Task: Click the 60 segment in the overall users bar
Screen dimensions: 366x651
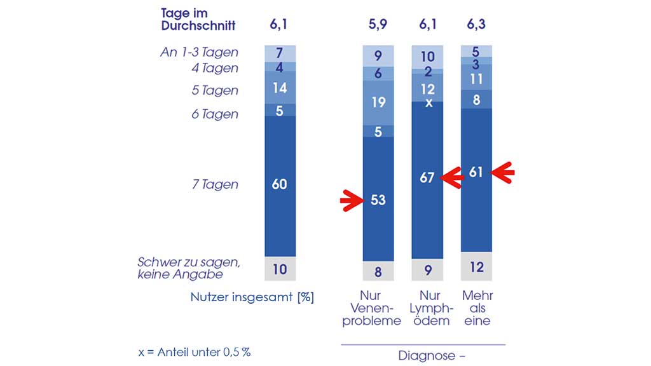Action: pos(280,185)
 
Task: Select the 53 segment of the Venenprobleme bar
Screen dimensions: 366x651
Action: pos(378,200)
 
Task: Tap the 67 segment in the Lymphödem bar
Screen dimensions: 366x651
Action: pos(427,178)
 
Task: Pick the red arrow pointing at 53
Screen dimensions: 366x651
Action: pos(350,201)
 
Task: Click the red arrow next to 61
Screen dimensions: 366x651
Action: pos(504,172)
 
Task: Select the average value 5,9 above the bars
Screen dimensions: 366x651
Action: pos(378,25)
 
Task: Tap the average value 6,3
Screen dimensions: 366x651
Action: pos(476,25)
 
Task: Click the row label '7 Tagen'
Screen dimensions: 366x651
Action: pos(216,185)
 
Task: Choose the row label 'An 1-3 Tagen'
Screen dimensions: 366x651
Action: pos(199,52)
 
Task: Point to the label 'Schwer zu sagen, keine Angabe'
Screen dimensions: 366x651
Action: pos(181,268)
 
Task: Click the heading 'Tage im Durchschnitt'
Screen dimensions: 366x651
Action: pos(198,20)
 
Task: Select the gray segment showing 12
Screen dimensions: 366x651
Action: pos(476,267)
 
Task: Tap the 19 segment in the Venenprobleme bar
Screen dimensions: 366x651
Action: pos(378,102)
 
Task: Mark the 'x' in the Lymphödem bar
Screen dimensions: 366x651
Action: pos(428,102)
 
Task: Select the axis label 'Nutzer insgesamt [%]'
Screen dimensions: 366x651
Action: pos(252,297)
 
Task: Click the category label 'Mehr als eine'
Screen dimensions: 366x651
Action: pos(477,308)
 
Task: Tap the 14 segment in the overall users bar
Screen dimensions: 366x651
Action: pos(280,88)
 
